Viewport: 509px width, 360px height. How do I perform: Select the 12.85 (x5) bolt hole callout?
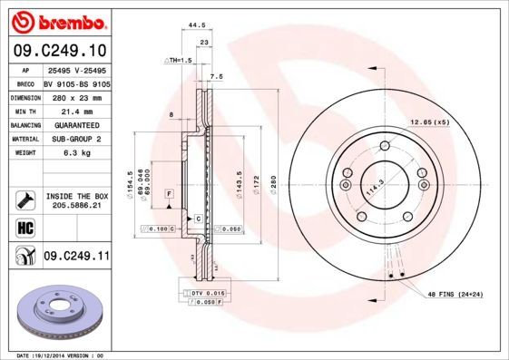[429, 122]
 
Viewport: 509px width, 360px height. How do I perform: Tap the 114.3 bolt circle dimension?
[370, 191]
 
